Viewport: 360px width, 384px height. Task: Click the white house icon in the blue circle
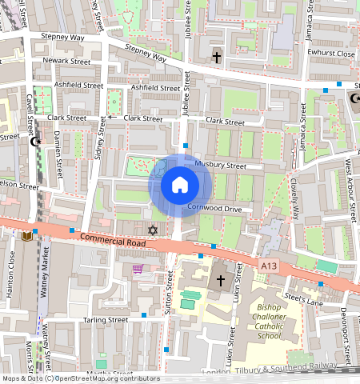pos(180,186)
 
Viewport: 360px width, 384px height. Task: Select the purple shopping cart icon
pos(138,269)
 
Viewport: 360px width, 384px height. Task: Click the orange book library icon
pos(28,236)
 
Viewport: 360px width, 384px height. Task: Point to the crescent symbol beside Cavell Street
pos(34,142)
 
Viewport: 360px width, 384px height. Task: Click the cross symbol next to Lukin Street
pos(222,281)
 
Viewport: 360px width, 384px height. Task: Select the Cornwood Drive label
pos(214,208)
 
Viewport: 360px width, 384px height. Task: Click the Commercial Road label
pos(113,241)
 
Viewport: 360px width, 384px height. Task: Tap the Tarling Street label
pos(106,319)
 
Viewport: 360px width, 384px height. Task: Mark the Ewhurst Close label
pos(331,54)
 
